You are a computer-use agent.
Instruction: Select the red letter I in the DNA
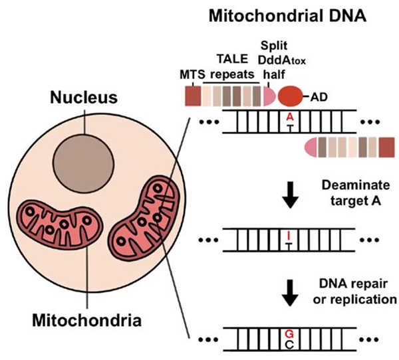pyautogui.click(x=289, y=234)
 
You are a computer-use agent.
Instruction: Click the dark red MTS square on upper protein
pyautogui.click(x=194, y=97)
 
